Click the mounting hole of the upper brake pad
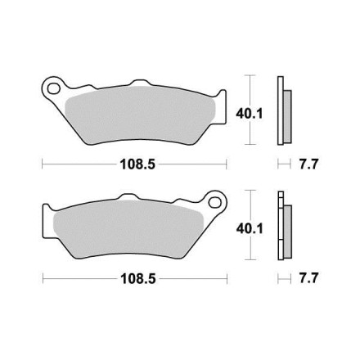pos(53,88)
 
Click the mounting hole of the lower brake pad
pos(214,202)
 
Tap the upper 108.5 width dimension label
pos(137,164)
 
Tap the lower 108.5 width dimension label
pos(138,279)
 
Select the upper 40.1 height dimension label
pos(250,114)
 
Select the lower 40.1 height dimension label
pos(250,228)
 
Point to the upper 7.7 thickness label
pos(308,164)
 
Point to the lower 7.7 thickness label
pos(308,278)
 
